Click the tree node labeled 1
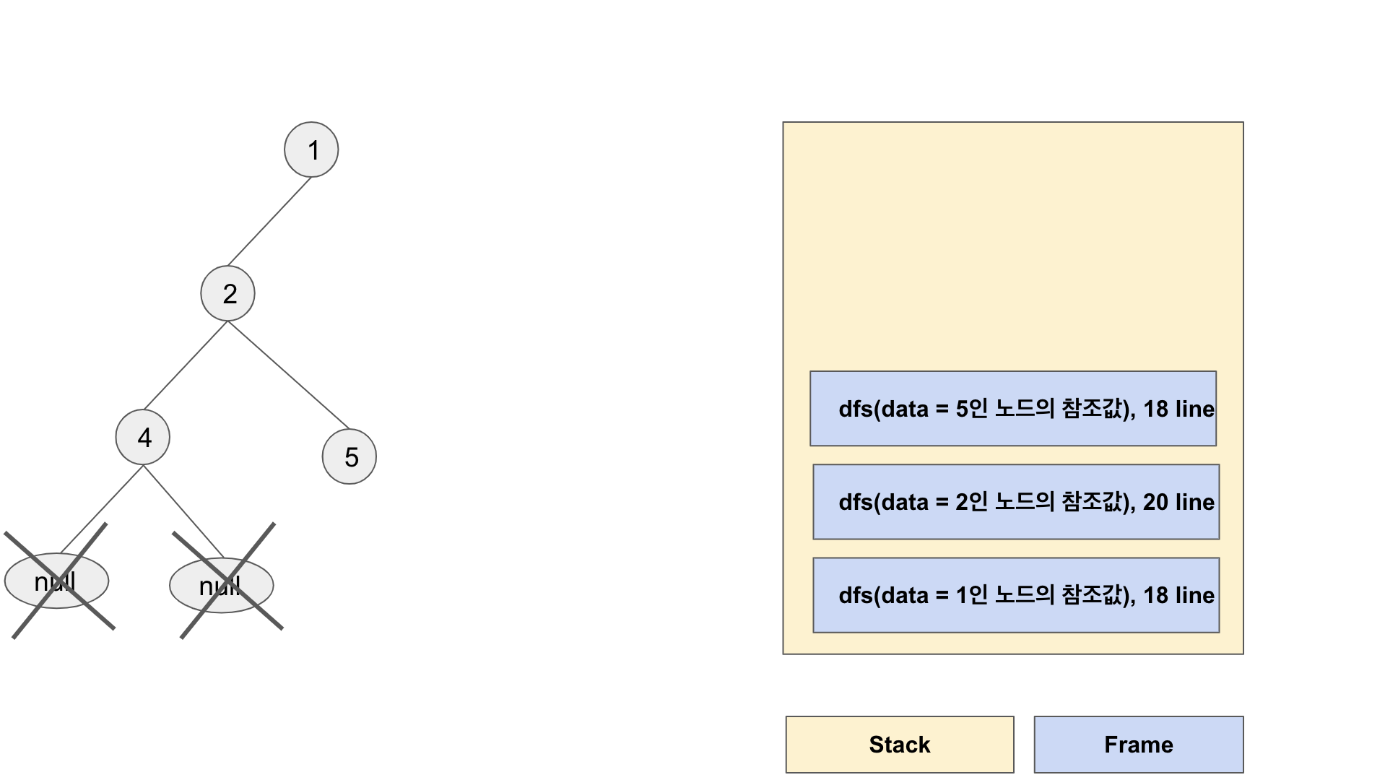click(x=311, y=149)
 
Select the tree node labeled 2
click(x=227, y=293)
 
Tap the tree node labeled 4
click(x=143, y=437)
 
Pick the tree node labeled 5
click(x=349, y=456)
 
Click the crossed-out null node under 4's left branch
click(x=56, y=581)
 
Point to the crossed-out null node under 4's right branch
click(x=222, y=585)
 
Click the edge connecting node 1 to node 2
click(x=269, y=222)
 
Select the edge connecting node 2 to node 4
click(x=186, y=365)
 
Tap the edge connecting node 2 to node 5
click(x=289, y=375)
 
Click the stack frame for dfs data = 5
click(x=1012, y=409)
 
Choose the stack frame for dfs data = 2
click(x=1015, y=502)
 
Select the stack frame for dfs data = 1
click(x=1015, y=595)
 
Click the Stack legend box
click(x=900, y=745)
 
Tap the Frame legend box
click(x=1138, y=745)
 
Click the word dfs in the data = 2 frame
click(x=856, y=502)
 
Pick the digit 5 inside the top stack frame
click(x=961, y=409)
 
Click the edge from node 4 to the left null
click(x=102, y=510)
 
